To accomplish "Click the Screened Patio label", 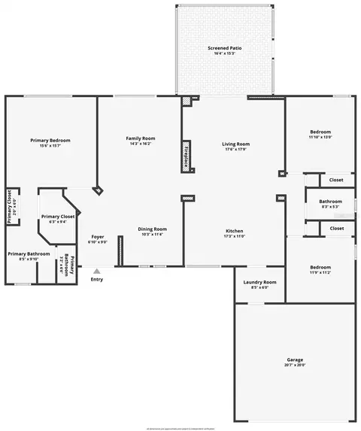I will click(225, 48).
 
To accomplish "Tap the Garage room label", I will click(295, 360).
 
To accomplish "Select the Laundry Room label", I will click(260, 282).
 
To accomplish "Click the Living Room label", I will click(235, 144).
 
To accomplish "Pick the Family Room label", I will click(141, 138).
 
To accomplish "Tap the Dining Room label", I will click(152, 229).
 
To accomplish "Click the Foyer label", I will click(98, 236).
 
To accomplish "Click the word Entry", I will click(97, 280).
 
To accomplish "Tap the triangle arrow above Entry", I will click(96, 271).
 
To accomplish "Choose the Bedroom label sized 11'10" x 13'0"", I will click(320, 132).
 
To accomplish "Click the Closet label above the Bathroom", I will click(336, 180).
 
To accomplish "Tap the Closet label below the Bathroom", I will click(336, 227).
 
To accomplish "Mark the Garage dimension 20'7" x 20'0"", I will click(295, 366).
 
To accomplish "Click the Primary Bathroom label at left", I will click(29, 254).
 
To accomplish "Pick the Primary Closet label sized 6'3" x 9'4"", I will click(57, 217).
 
